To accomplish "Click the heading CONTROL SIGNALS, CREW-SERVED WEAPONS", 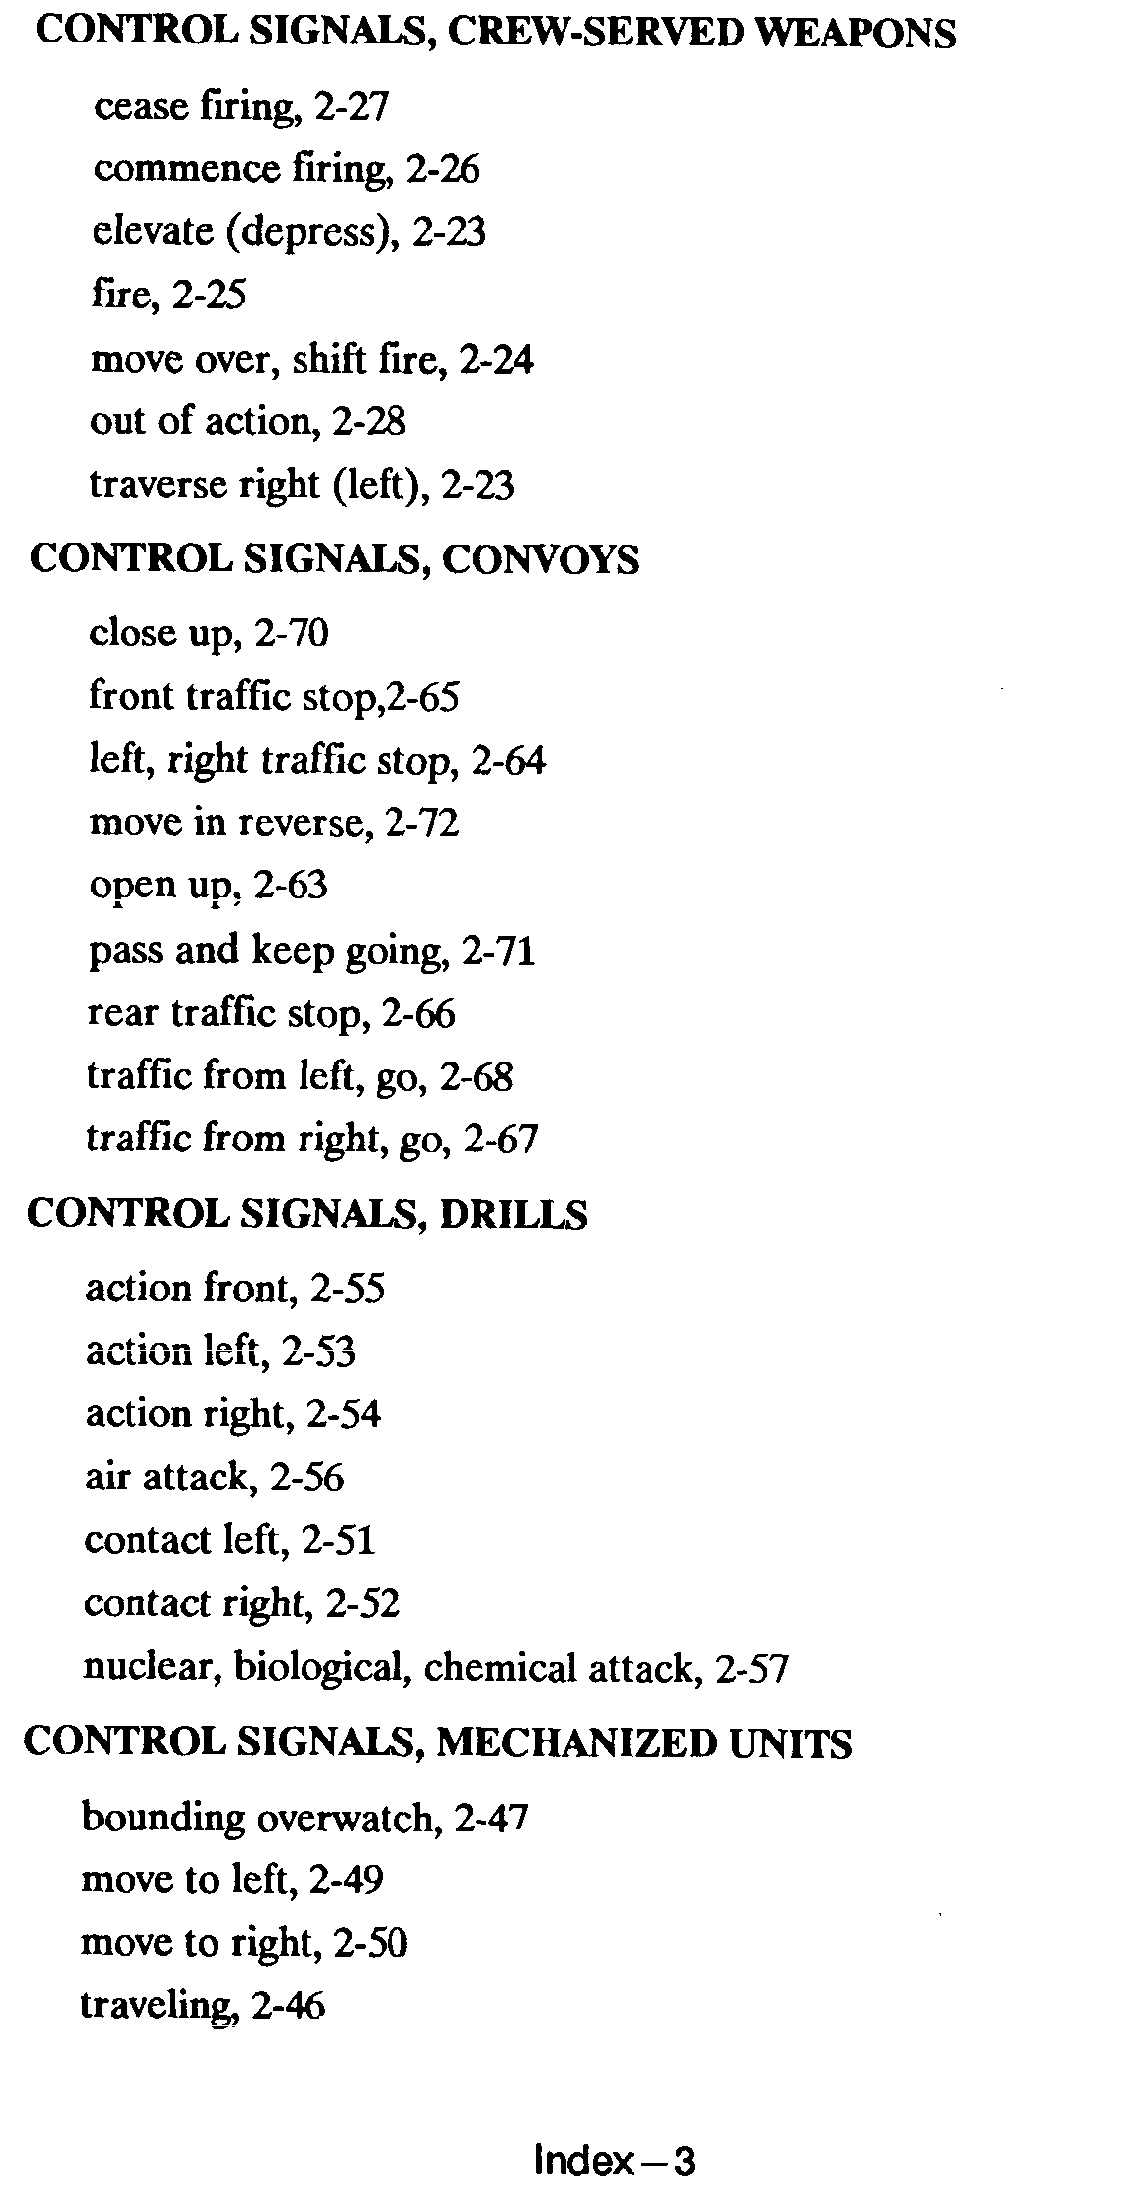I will coord(495,34).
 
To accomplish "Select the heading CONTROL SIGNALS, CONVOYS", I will coord(334,560).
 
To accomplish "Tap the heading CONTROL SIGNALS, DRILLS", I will coord(306,1214).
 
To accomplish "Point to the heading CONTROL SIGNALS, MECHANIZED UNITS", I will coord(437,1742).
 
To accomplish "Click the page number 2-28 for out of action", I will coord(369,423).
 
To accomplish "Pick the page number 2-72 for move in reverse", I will coord(421,823).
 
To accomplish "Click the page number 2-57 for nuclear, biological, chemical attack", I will coord(751,1669).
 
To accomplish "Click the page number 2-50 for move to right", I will coord(371,1943).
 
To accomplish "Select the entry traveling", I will coord(156,2006).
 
